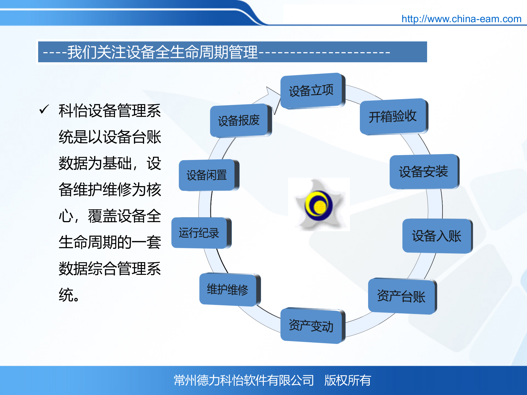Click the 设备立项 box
point(311,91)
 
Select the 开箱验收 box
point(393,117)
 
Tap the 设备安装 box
point(423,172)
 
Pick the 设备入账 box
point(436,236)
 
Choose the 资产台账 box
point(401,296)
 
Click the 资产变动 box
point(311,326)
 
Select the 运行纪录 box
point(199,233)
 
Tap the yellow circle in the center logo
point(319,207)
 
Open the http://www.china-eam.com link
point(461,19)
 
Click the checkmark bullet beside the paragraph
point(44,109)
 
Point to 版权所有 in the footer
point(347,380)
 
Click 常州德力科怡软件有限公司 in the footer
point(244,380)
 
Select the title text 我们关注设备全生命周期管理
point(162,52)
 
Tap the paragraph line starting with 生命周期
point(110,242)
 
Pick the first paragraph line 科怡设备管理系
point(110,111)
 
